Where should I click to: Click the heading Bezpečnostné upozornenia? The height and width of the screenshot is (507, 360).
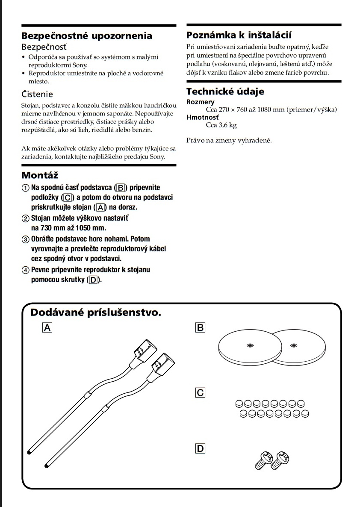(86, 36)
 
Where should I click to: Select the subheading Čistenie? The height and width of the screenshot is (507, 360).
(37, 94)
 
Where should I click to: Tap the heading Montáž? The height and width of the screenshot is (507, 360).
(40, 175)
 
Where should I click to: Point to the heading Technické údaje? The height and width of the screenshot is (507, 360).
(225, 91)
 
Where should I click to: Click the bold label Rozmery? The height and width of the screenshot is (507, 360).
(200, 102)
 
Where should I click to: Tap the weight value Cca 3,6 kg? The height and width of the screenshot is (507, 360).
(221, 125)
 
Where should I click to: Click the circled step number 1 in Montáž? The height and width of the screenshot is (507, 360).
(26, 188)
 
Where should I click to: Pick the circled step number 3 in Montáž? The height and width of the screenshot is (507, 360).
(26, 239)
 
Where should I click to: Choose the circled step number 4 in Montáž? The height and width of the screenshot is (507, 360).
(26, 270)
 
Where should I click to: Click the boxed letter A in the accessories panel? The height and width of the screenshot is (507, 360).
(47, 328)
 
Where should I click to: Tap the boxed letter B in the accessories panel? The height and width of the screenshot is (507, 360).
(200, 328)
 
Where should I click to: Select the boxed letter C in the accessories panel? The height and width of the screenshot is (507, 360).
(200, 392)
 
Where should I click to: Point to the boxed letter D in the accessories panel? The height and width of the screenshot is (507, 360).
(200, 448)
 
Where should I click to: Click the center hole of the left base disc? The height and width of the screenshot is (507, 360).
(249, 345)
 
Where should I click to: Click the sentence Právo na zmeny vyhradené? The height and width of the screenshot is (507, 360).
(229, 140)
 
